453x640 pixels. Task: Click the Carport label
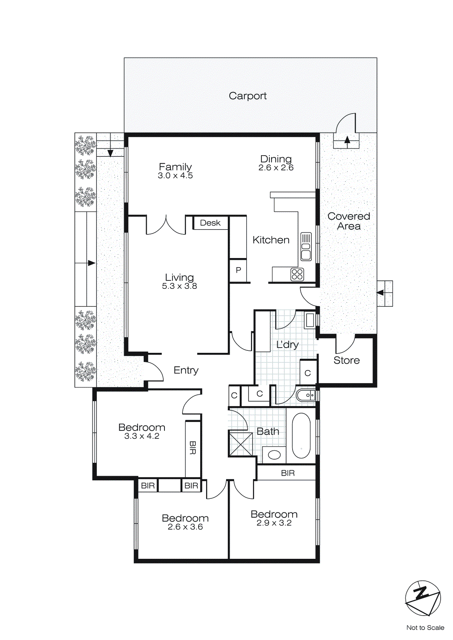coord(247,96)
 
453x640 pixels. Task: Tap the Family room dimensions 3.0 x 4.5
coord(175,176)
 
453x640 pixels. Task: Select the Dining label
coord(276,159)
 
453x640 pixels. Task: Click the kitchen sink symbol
coord(306,246)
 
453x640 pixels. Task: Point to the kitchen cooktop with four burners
coord(297,274)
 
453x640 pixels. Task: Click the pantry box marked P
coord(238,270)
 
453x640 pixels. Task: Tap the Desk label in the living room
coord(210,223)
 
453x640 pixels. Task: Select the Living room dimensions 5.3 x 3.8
coord(179,286)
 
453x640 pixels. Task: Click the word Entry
coord(186,370)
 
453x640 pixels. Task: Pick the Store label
coord(347,360)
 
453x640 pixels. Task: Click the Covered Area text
coord(349,221)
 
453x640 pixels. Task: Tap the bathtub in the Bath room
coord(301,436)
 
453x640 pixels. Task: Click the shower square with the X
coord(241,444)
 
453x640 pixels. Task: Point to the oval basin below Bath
coord(274,455)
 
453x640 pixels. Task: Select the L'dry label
coord(287,344)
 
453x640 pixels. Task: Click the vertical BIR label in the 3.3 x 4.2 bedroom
coord(192,448)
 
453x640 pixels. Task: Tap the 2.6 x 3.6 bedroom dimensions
coord(185,527)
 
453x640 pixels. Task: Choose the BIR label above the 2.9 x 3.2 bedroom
coord(287,473)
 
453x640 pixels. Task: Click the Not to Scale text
coord(425,628)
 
